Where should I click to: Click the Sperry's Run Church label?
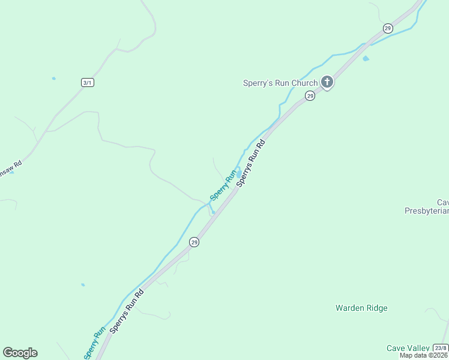pos(280,83)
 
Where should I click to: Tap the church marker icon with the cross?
pos(327,82)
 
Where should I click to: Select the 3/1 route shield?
pos(88,82)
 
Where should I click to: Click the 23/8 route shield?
pos(440,348)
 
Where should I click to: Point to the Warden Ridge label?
pos(361,308)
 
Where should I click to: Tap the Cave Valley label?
pos(408,348)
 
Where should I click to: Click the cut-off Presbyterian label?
pos(427,211)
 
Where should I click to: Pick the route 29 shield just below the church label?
pos(310,96)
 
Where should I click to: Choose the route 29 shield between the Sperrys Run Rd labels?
pos(194,242)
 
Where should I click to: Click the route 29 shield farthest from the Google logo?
pos(388,28)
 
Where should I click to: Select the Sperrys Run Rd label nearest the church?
pos(251,163)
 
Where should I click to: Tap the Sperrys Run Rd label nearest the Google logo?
pos(127,313)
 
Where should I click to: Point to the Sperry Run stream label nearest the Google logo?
pos(95,343)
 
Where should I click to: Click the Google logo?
pos(20,353)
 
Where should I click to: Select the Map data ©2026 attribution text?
pos(424,355)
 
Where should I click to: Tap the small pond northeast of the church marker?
pos(366,59)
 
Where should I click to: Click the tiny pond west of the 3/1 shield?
pos(54,79)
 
